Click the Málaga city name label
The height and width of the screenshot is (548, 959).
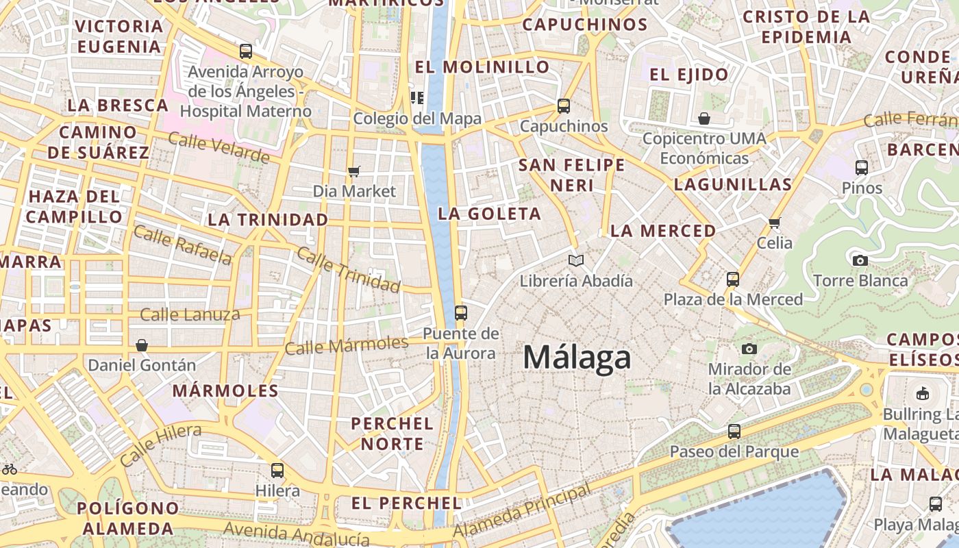(x=577, y=358)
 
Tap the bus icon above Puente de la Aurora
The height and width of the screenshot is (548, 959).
(x=461, y=313)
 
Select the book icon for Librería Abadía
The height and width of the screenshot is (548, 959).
(x=577, y=261)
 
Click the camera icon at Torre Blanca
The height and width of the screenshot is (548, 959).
(x=860, y=260)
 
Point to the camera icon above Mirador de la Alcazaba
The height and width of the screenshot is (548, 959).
(x=749, y=349)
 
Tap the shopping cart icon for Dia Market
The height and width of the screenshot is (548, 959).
(x=354, y=171)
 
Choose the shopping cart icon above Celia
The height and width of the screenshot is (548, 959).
(x=775, y=223)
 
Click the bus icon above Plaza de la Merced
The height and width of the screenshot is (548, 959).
(x=733, y=279)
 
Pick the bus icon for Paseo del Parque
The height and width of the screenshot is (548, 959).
(x=734, y=432)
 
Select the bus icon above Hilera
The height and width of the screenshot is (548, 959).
(x=277, y=471)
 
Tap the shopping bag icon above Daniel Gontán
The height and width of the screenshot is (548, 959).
(x=142, y=345)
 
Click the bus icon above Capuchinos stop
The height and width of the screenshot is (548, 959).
(x=564, y=106)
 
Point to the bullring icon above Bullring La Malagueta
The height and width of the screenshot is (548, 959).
(x=922, y=394)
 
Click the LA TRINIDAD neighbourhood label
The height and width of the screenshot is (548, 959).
(x=268, y=220)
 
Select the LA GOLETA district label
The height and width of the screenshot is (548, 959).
(x=490, y=214)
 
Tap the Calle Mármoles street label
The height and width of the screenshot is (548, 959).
(x=347, y=345)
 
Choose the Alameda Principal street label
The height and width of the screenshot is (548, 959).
(x=522, y=511)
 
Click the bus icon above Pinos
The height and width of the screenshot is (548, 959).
(x=862, y=167)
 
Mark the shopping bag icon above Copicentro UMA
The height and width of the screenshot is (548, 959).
(x=704, y=119)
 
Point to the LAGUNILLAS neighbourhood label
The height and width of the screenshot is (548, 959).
(x=733, y=184)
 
